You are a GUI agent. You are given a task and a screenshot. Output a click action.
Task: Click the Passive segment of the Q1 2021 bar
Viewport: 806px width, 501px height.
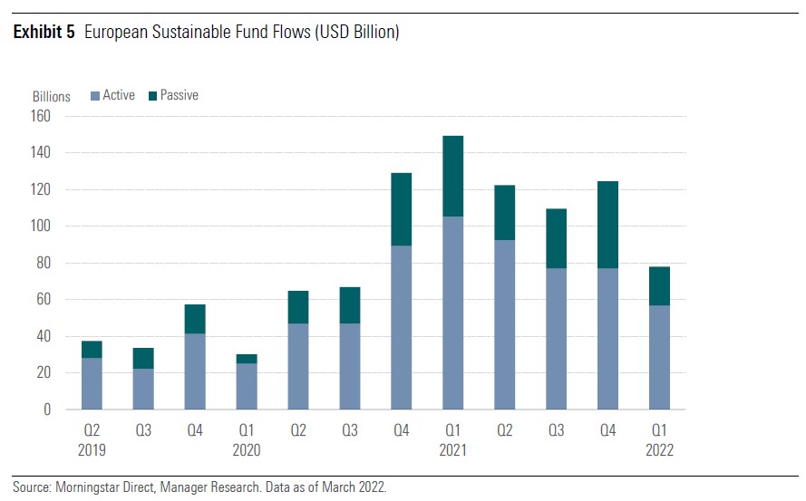click(x=452, y=177)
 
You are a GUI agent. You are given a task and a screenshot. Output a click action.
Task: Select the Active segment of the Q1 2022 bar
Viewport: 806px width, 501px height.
click(x=659, y=357)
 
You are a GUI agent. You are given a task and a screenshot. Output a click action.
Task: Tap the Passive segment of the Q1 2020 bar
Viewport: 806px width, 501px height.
click(x=247, y=359)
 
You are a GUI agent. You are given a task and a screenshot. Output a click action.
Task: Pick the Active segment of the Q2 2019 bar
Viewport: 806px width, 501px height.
click(x=92, y=383)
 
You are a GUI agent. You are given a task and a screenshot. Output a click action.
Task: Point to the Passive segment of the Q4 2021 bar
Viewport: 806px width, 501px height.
click(x=607, y=225)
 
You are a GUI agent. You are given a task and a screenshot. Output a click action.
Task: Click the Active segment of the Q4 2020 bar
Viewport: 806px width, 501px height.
click(x=401, y=327)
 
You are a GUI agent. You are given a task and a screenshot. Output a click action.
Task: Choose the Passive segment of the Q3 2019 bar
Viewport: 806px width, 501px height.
click(x=143, y=358)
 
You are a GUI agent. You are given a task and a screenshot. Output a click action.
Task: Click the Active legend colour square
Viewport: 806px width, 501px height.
click(x=95, y=96)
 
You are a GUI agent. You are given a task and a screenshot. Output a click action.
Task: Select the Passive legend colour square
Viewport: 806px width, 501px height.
click(x=152, y=96)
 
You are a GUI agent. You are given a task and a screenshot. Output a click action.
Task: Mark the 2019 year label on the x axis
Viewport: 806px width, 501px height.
click(x=92, y=450)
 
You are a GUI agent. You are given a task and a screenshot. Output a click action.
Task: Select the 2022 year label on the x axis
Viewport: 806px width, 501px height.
click(x=659, y=450)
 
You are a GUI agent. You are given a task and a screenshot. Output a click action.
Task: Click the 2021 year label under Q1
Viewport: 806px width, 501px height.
click(x=452, y=450)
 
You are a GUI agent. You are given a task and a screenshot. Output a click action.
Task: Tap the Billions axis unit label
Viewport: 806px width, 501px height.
click(x=52, y=97)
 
